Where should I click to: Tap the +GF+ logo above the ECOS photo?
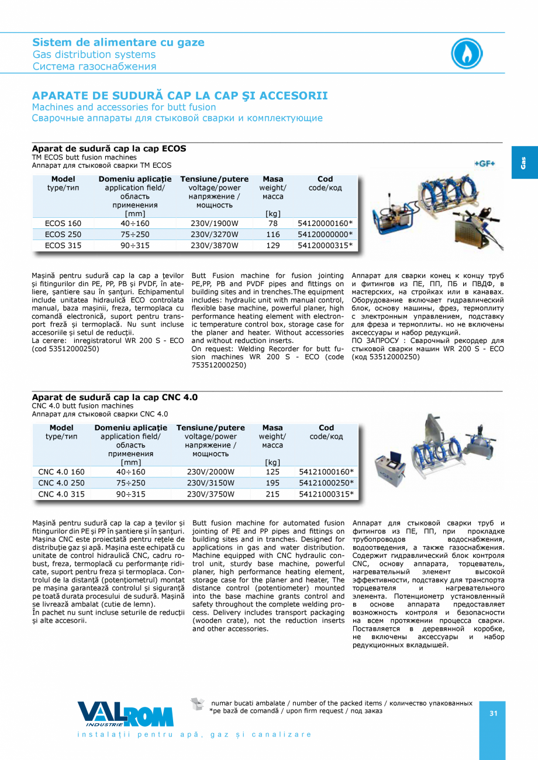point(484,164)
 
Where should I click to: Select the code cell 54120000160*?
point(326,224)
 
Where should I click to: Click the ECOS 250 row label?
point(63,234)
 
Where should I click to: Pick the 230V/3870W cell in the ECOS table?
point(215,245)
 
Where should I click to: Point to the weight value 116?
point(273,234)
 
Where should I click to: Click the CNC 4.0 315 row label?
point(61,494)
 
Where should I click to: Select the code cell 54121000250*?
point(326,483)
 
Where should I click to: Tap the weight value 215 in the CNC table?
point(273,494)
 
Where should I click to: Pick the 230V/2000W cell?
point(211,472)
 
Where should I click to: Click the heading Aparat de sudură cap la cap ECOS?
point(109,149)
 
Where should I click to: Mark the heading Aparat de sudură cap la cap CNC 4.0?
point(115,397)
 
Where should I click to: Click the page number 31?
point(493,713)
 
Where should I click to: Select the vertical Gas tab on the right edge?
point(524,162)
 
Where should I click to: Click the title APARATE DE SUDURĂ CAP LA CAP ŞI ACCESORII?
point(180,96)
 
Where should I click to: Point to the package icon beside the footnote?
point(198,704)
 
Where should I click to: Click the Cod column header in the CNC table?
point(326,428)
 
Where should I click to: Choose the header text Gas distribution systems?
point(94,55)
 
